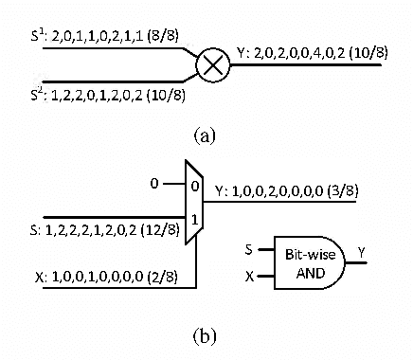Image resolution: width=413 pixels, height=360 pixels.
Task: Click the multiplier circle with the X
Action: (x=214, y=66)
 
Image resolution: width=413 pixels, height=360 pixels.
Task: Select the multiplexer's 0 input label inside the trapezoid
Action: (x=195, y=187)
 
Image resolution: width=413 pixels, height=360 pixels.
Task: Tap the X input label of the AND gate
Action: (x=250, y=278)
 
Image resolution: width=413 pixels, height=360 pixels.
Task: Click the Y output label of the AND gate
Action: (x=361, y=252)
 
